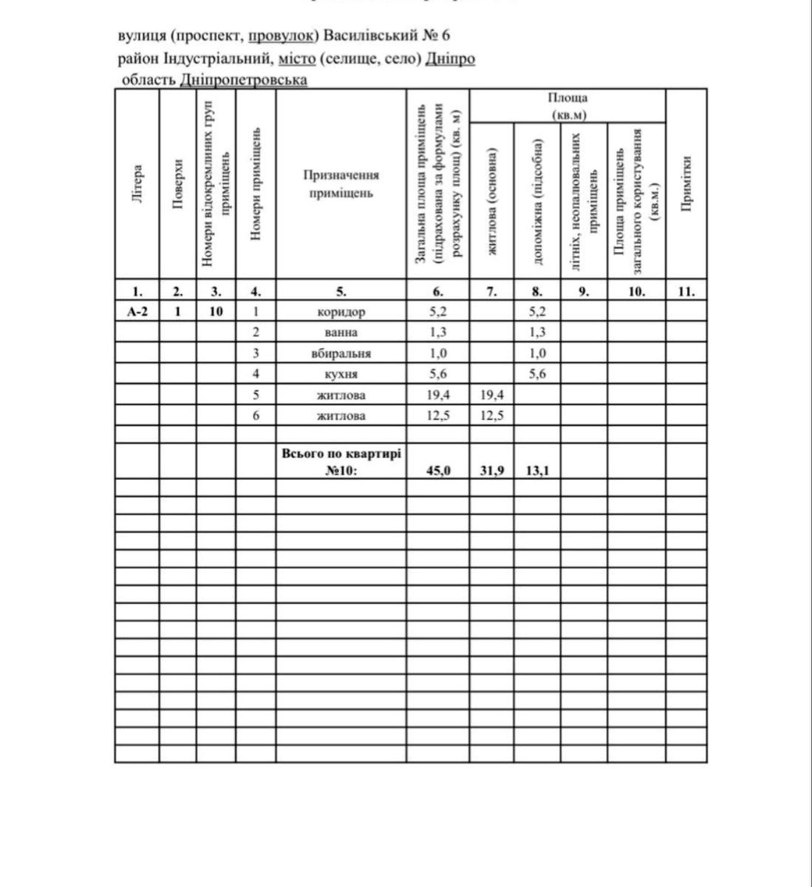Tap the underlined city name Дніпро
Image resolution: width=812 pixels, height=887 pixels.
[450, 58]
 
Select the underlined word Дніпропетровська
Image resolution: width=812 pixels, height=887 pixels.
[244, 79]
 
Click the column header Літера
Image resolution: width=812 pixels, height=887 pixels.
[137, 183]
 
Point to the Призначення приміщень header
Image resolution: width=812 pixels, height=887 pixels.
[341, 184]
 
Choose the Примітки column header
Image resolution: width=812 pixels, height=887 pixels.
[686, 183]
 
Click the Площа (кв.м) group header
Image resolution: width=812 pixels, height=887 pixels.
[567, 106]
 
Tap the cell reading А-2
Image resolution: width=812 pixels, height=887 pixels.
[137, 311]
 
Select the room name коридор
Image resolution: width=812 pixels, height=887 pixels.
[341, 311]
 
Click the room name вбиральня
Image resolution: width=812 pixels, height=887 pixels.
[341, 353]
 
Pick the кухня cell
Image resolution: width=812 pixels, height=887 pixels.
[341, 374]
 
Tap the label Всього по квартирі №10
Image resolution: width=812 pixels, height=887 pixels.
[341, 462]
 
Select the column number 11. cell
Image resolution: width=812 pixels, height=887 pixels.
[686, 291]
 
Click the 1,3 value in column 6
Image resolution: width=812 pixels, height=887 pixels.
[438, 332]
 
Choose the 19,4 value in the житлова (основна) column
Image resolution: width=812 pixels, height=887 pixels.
[492, 395]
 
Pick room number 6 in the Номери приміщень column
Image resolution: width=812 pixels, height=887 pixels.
[256, 415]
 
